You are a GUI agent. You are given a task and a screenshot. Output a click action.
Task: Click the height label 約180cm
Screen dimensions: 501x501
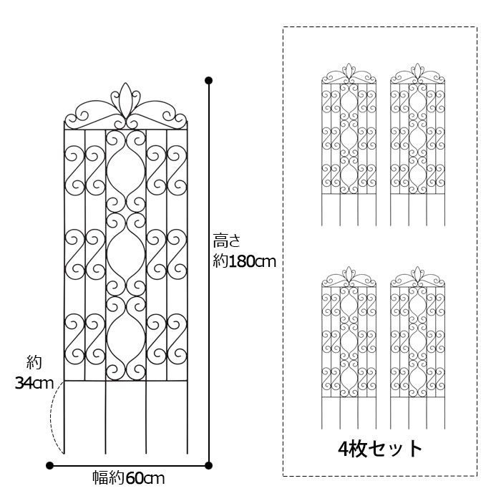(244, 262)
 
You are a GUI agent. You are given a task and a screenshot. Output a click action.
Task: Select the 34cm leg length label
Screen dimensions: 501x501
(34, 384)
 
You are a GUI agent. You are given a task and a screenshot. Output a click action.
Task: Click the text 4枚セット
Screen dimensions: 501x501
(380, 449)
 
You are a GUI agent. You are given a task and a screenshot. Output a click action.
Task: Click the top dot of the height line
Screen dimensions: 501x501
(208, 79)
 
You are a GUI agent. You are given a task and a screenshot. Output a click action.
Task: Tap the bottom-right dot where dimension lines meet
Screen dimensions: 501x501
(208, 465)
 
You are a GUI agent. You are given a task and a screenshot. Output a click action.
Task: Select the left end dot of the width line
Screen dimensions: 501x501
(49, 465)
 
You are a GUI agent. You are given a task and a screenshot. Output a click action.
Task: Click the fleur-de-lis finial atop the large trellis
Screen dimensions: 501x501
(126, 99)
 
